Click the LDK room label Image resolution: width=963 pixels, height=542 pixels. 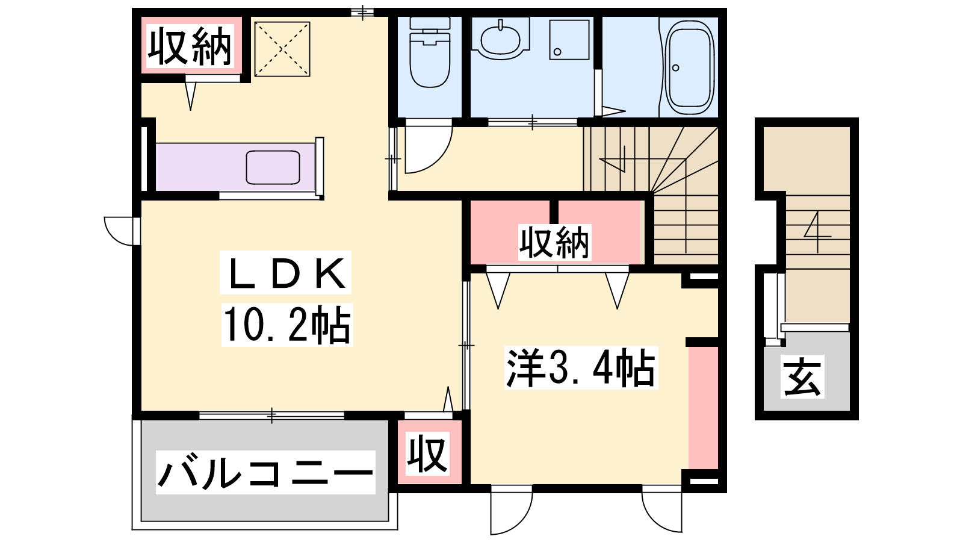click(286, 273)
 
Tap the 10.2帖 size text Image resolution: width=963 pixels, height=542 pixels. click(286, 325)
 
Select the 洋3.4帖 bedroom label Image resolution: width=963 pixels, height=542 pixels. click(581, 368)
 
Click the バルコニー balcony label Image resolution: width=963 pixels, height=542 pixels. click(265, 472)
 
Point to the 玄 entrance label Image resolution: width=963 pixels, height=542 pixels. click(802, 377)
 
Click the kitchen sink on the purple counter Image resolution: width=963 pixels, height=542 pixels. click(273, 167)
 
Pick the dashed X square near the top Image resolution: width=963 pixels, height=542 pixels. click(282, 49)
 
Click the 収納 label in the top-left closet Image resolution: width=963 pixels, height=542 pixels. click(190, 46)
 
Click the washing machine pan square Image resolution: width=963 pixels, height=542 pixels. click(569, 40)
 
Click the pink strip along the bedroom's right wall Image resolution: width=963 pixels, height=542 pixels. click(704, 407)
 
